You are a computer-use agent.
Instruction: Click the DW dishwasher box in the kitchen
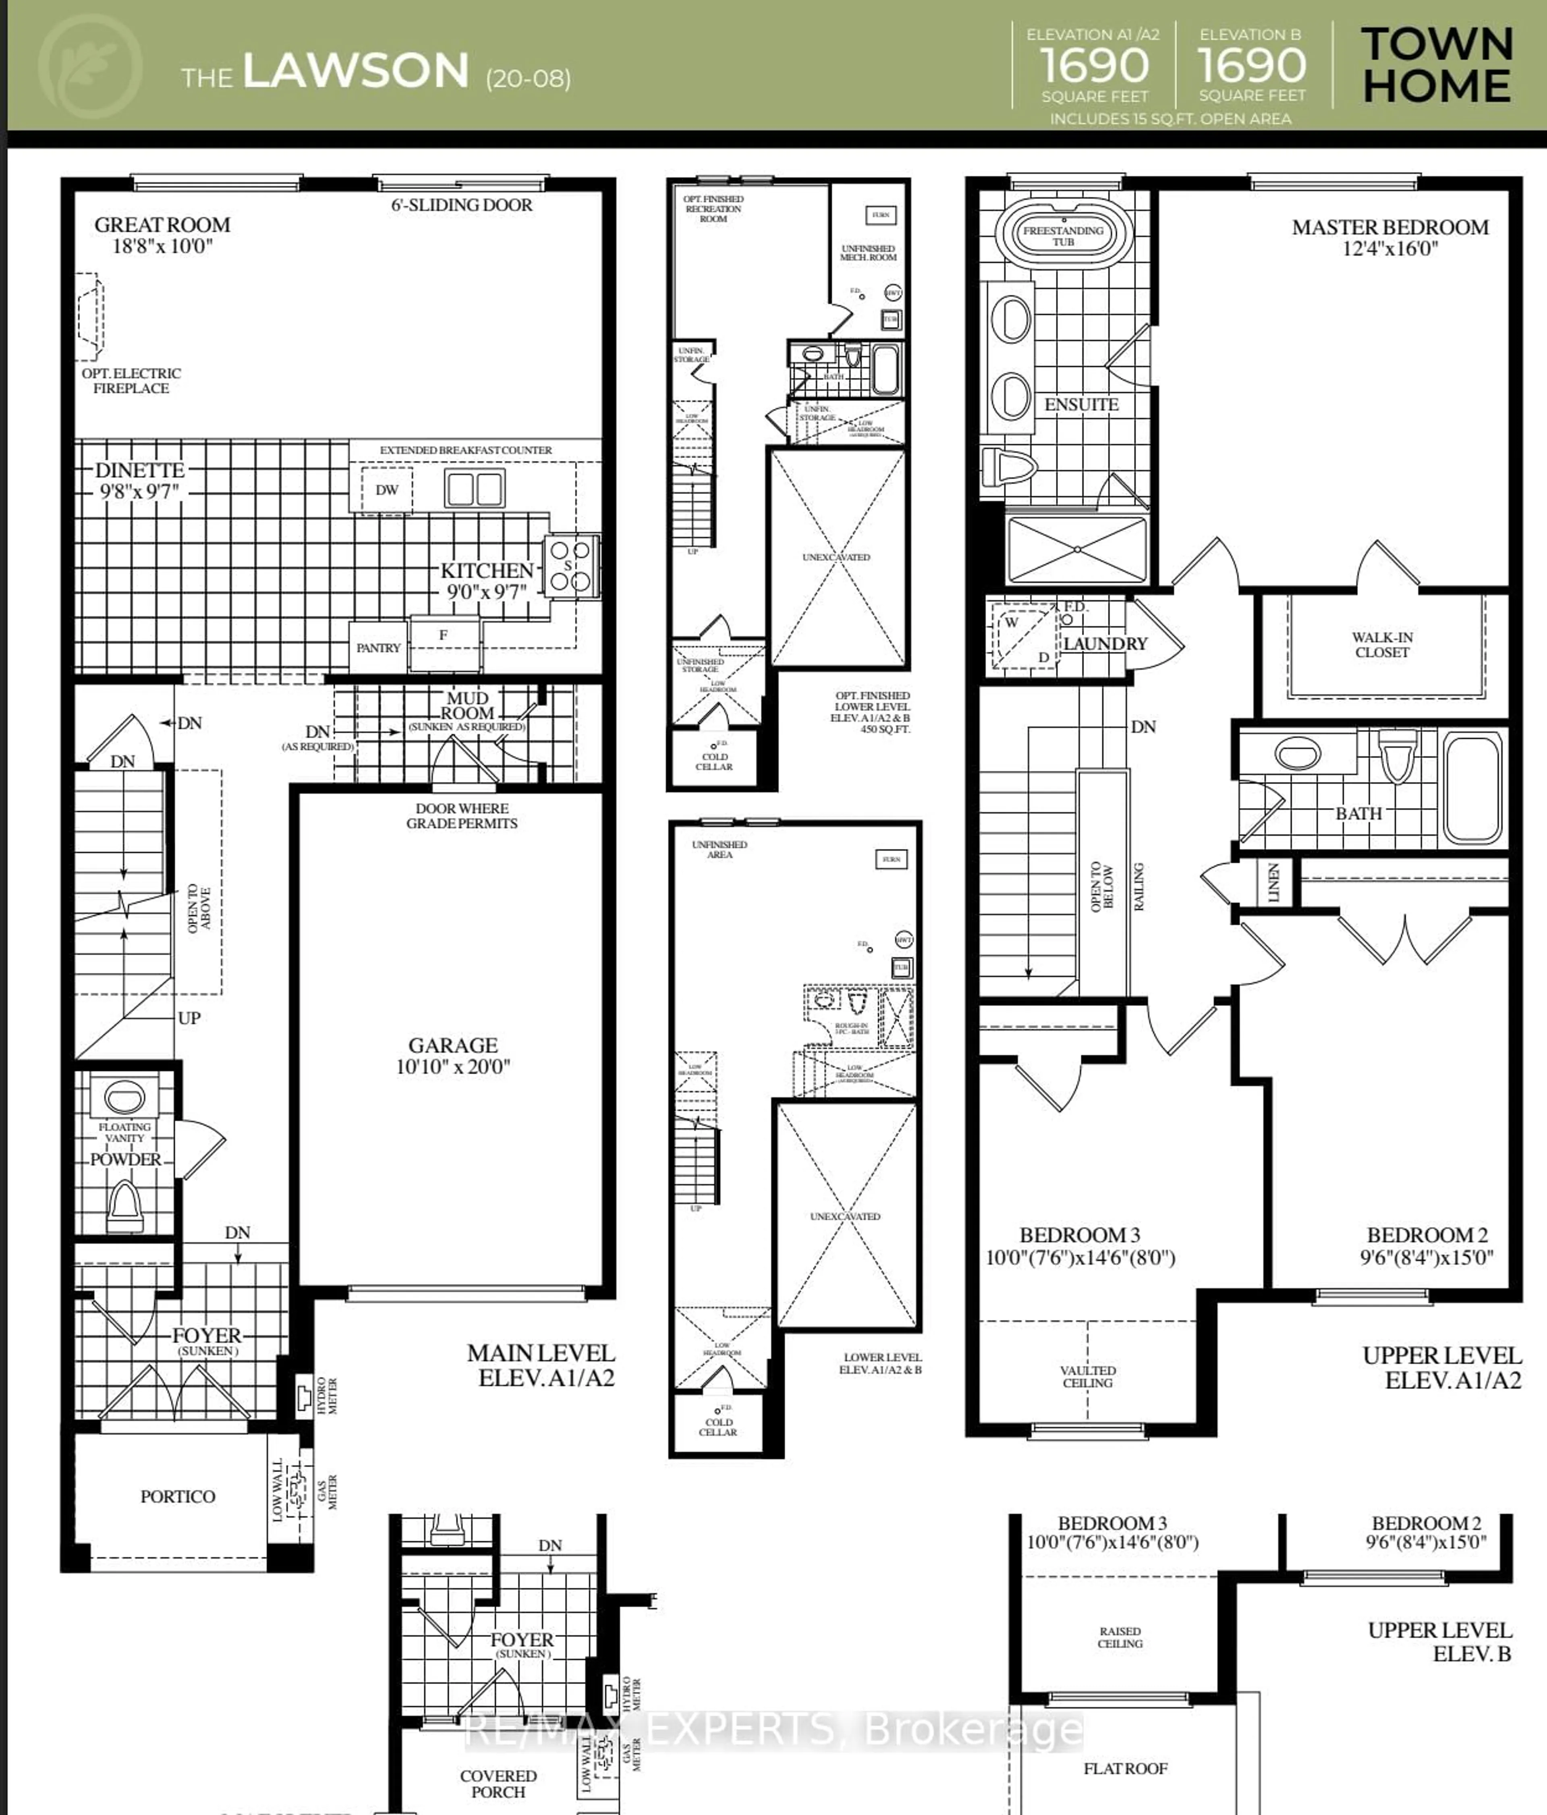(386, 490)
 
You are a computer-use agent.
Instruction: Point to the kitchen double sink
(474, 489)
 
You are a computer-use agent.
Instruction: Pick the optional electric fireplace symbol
(89, 315)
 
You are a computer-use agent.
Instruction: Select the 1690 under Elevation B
(1251, 66)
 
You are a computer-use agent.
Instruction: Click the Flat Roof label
(1125, 1769)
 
